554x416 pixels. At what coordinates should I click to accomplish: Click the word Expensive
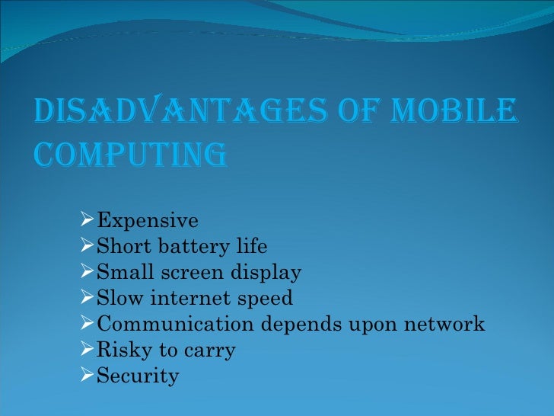pyautogui.click(x=148, y=221)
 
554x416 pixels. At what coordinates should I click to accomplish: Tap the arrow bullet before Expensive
pyautogui.click(x=88, y=221)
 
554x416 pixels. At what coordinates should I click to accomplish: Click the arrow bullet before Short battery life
pyautogui.click(x=88, y=247)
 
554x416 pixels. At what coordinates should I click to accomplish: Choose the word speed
pyautogui.click(x=266, y=299)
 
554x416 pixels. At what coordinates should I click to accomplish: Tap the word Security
pyautogui.click(x=138, y=376)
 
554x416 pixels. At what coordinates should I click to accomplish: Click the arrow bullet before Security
pyautogui.click(x=88, y=376)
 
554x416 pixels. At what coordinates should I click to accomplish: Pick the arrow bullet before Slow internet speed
pyautogui.click(x=88, y=299)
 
